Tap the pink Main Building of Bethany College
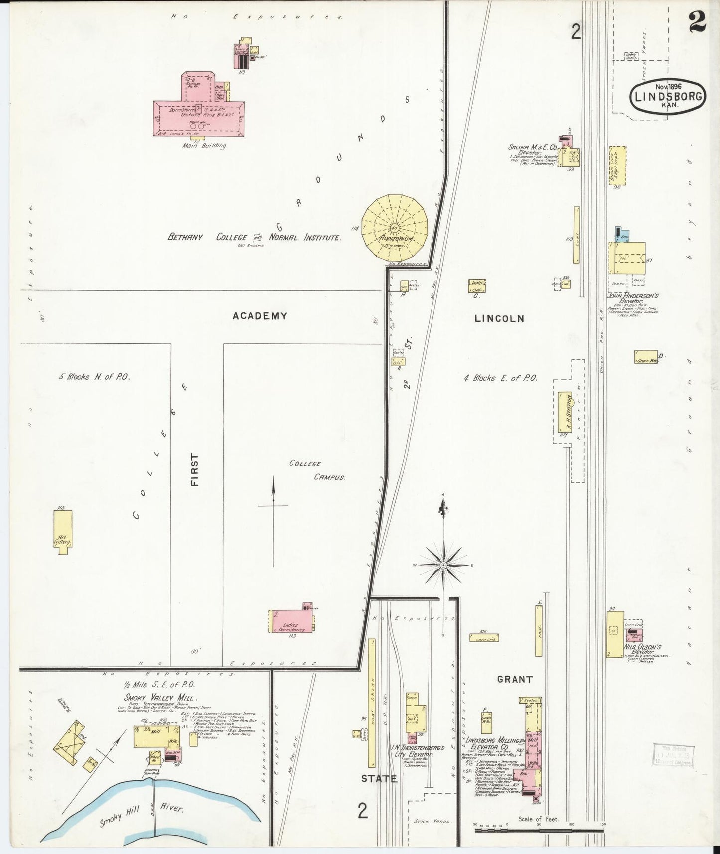tap(198, 117)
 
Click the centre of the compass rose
tap(443, 565)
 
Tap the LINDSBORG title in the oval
tap(668, 97)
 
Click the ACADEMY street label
tap(259, 315)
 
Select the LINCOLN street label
tap(499, 318)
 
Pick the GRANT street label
tap(515, 679)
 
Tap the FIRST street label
tap(194, 469)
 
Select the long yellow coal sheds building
tap(371, 703)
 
